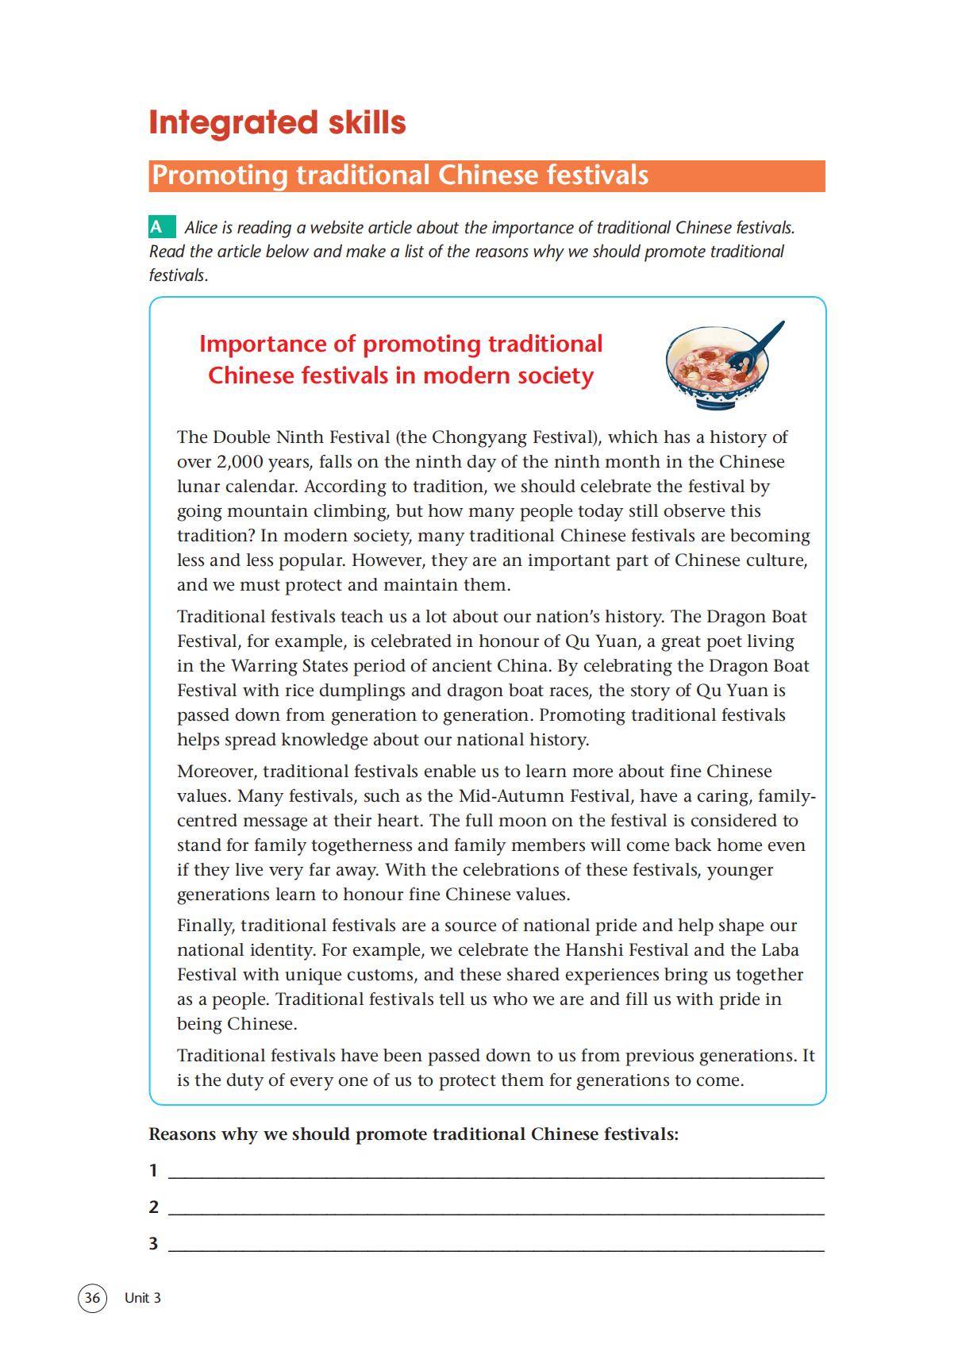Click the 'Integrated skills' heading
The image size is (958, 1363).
point(277,122)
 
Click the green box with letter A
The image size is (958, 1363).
point(161,227)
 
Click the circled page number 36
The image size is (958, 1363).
point(92,1298)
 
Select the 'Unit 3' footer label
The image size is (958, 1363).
point(143,1298)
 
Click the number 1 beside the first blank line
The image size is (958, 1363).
point(153,1170)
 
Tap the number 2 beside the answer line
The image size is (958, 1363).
point(153,1207)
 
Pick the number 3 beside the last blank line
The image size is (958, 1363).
point(153,1243)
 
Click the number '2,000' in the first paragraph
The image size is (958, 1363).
point(239,462)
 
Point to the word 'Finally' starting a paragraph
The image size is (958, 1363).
point(205,926)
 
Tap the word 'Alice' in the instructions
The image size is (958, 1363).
point(201,228)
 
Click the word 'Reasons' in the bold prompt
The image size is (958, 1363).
point(183,1134)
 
